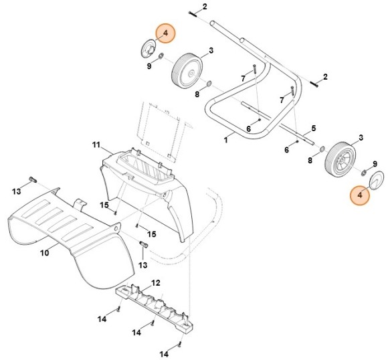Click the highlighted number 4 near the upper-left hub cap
(165, 33)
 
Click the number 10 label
(45, 253)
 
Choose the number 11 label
(96, 145)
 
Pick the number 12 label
(156, 283)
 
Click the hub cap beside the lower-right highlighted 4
(376, 180)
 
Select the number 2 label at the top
(205, 7)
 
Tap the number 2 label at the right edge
(325, 78)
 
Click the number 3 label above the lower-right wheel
(361, 137)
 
